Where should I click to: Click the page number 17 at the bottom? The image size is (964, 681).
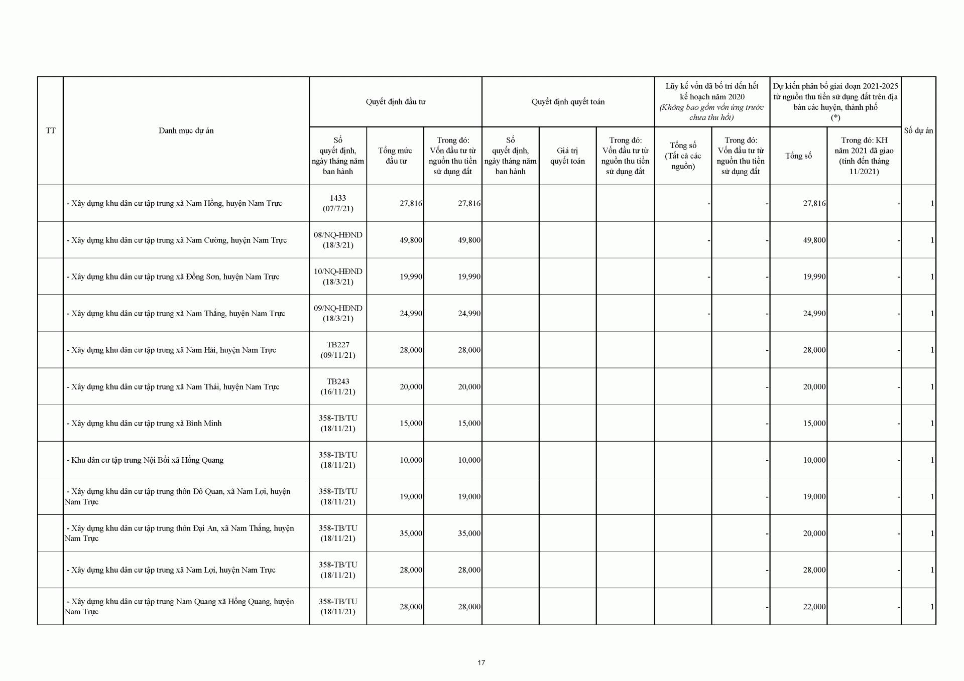pos(481,663)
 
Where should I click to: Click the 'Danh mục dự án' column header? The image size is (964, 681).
pos(186,130)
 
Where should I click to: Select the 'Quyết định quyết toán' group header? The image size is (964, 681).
pos(568,102)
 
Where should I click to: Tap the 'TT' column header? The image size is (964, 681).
pos(50,130)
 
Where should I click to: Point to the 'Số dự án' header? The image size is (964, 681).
pos(918,130)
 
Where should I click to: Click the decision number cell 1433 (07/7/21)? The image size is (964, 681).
pos(338,203)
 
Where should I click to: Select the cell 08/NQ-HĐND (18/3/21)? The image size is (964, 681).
pos(338,240)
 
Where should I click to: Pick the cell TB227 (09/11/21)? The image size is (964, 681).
pos(338,350)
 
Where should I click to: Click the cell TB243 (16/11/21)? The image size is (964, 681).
pos(338,386)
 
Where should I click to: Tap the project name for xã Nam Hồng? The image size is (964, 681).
pos(174,203)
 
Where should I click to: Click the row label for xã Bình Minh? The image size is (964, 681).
pos(144,423)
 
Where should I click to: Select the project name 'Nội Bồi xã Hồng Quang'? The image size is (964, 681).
pos(145,460)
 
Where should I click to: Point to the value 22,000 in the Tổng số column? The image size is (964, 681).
pos(814,607)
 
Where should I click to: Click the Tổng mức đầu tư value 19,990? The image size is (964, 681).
pos(411,277)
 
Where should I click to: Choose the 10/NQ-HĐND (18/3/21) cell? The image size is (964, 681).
pos(338,277)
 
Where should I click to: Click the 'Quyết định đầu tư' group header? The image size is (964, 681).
pos(396,102)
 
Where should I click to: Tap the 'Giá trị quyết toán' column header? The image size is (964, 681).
pos(567,156)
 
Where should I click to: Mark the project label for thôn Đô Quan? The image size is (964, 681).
pos(178,496)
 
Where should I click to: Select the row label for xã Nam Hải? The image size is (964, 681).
pos(171,350)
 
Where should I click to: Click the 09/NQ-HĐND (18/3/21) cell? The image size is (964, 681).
pos(338,313)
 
